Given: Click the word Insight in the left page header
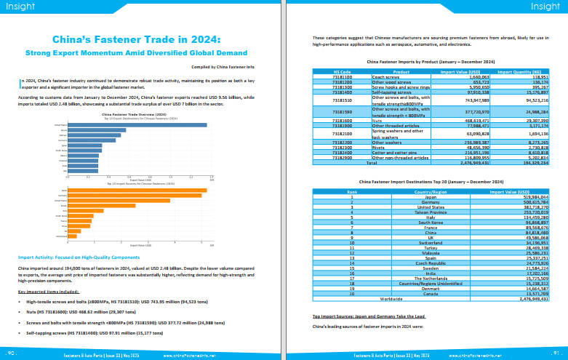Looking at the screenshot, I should click(x=20, y=7).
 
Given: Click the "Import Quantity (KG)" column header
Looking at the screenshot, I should click(x=521, y=71).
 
